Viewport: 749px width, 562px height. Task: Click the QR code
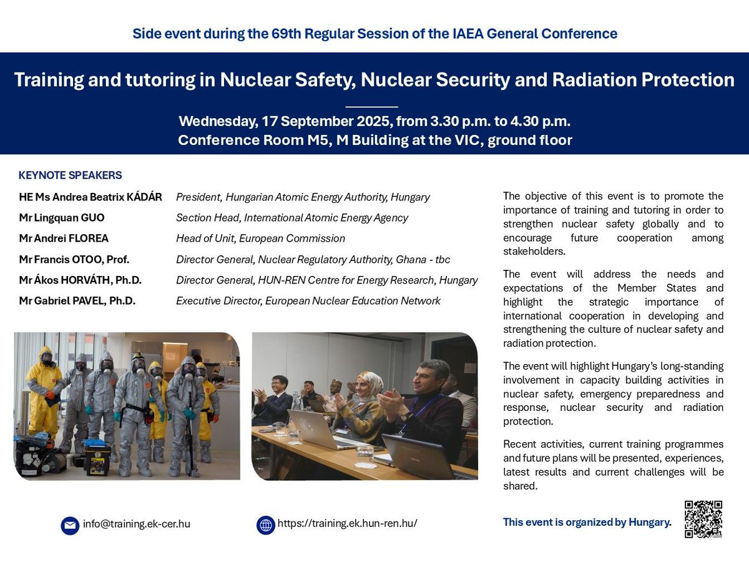(703, 519)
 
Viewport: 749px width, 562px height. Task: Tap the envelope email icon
(70, 525)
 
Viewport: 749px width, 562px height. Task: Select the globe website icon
(266, 525)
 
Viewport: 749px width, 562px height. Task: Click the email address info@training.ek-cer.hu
(136, 524)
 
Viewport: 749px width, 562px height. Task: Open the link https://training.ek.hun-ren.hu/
(347, 524)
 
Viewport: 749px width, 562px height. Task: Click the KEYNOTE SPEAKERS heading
(71, 175)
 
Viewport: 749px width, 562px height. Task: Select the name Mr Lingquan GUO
(62, 217)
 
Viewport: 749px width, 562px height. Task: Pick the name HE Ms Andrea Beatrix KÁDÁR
(91, 197)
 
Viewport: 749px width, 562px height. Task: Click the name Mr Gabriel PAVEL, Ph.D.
(77, 301)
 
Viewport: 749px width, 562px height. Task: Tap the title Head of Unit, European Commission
(260, 238)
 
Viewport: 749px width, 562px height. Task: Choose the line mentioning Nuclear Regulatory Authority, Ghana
(313, 259)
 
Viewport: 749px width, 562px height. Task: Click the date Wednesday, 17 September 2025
(283, 121)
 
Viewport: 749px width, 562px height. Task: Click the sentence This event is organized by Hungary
(587, 522)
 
